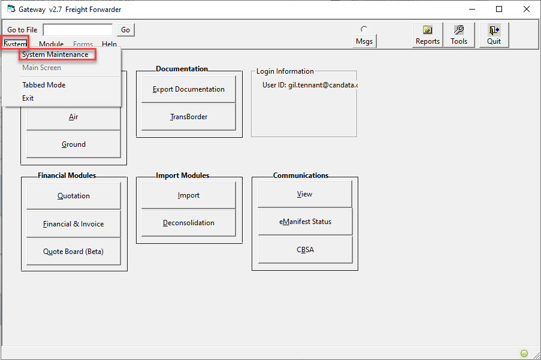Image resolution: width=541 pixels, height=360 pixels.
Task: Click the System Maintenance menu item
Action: (x=55, y=55)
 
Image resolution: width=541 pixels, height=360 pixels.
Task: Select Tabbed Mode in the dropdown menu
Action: (x=44, y=85)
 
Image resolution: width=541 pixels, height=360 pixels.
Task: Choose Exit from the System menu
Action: (x=28, y=98)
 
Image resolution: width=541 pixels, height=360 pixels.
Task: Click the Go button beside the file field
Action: (x=126, y=30)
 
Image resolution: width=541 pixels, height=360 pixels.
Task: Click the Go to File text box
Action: (x=78, y=30)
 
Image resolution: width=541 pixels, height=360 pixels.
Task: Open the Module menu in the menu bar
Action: (x=51, y=44)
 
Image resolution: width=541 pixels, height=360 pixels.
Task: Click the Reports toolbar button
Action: (x=428, y=35)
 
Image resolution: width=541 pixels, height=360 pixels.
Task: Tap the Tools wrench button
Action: (x=459, y=35)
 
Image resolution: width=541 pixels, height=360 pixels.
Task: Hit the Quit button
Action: (x=494, y=35)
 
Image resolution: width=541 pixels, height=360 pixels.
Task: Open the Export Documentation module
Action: (x=188, y=89)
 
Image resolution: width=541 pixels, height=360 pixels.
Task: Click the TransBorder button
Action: (x=188, y=117)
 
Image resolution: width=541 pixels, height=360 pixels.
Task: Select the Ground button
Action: (x=74, y=144)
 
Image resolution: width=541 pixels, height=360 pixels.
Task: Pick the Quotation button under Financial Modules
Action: (x=74, y=195)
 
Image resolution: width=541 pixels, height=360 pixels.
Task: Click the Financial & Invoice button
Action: (x=74, y=224)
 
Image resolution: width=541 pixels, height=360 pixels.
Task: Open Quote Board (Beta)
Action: (x=74, y=252)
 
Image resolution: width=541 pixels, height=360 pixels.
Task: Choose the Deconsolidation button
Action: (x=188, y=223)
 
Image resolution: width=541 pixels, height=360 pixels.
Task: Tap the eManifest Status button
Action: (x=305, y=222)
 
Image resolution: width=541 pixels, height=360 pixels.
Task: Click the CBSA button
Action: (x=305, y=250)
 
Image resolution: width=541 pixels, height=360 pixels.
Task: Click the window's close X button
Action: (x=527, y=10)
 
